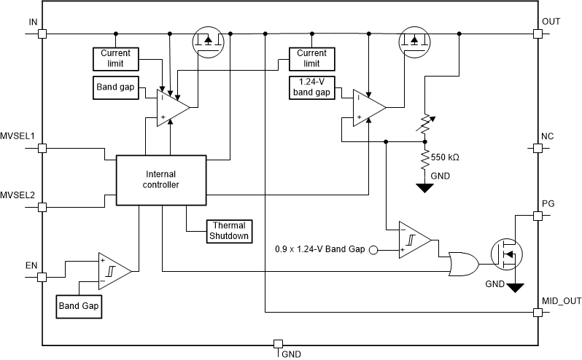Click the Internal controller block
coord(161,179)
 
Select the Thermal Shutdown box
coord(229,230)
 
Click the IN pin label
coord(33,22)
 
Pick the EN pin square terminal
coord(42,277)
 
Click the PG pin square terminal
coord(538,216)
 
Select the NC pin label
coord(548,136)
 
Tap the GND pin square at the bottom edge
coord(277,344)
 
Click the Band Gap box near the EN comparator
coord(79,307)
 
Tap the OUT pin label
coord(551,22)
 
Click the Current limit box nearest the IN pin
coord(115,58)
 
